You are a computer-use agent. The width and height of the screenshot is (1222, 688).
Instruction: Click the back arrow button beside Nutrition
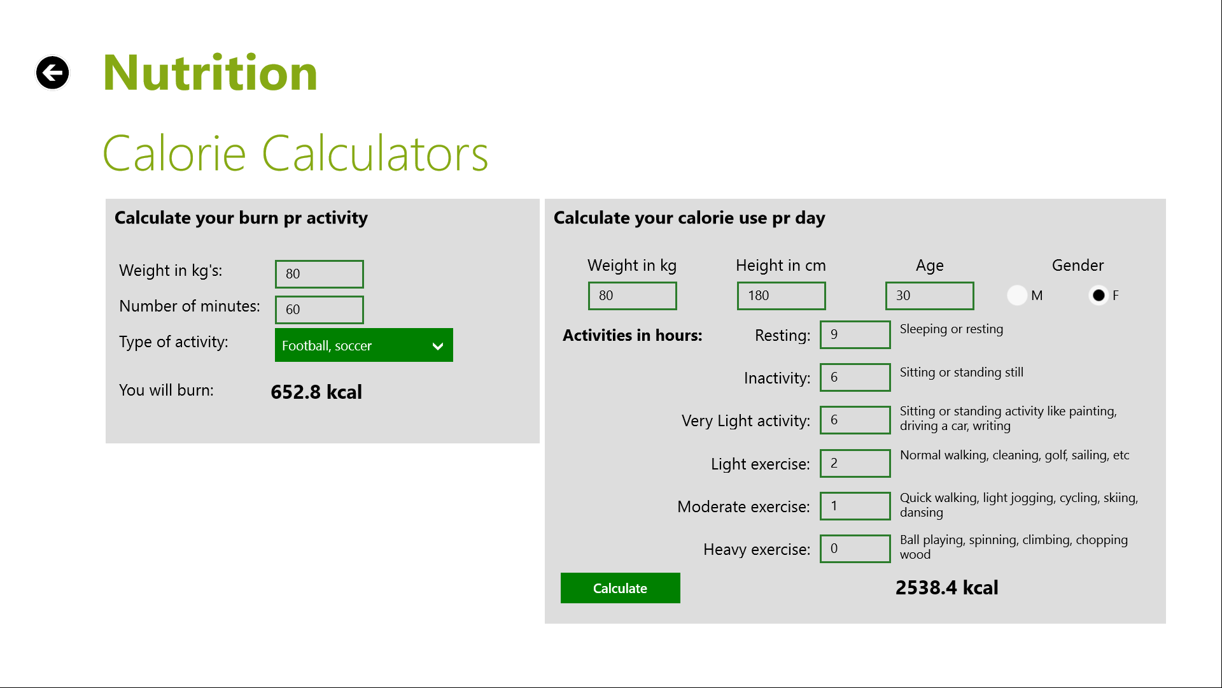click(x=52, y=73)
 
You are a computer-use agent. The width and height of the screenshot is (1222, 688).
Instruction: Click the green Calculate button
click(x=620, y=588)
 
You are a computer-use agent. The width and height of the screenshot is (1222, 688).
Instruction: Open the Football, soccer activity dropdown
click(x=363, y=345)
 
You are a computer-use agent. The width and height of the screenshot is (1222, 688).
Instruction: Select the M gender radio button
click(x=1017, y=295)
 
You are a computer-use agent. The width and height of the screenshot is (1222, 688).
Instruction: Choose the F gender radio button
click(x=1099, y=295)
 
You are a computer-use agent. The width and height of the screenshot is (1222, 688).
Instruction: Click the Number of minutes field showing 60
click(x=319, y=310)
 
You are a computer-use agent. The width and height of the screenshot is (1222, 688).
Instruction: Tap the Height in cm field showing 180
click(x=781, y=296)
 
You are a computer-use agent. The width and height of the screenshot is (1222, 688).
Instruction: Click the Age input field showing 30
click(x=929, y=296)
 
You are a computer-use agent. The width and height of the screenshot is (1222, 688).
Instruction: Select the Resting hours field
click(x=855, y=334)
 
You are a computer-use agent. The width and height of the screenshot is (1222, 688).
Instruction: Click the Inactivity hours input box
click(x=855, y=377)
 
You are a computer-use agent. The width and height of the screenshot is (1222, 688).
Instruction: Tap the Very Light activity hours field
click(x=855, y=420)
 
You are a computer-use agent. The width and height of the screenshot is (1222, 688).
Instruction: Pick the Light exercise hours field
click(x=855, y=463)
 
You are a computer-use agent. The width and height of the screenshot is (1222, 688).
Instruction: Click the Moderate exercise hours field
click(x=855, y=506)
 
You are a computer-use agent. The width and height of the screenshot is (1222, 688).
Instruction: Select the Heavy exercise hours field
click(x=855, y=548)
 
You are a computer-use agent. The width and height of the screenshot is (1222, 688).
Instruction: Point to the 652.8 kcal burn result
click(x=316, y=392)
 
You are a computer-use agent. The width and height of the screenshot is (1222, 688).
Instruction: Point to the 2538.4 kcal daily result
click(x=946, y=587)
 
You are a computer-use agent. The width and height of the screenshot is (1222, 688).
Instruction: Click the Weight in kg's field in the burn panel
click(x=319, y=274)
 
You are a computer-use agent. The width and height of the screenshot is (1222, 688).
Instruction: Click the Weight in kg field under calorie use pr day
click(x=632, y=296)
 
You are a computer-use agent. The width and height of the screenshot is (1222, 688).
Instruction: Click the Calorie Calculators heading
click(x=295, y=154)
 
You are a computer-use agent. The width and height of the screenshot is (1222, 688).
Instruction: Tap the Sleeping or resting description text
click(x=951, y=329)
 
